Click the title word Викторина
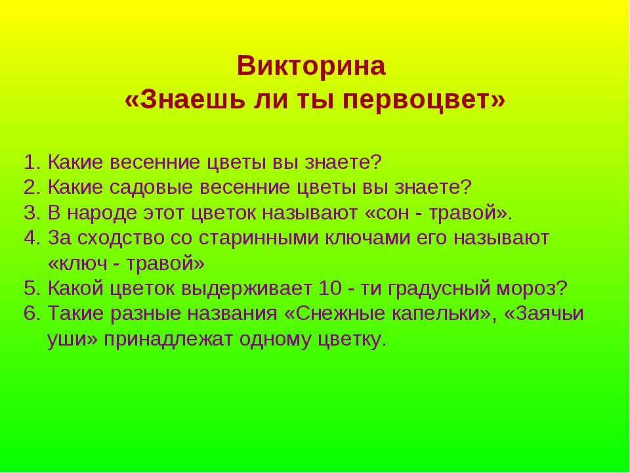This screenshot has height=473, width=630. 311,66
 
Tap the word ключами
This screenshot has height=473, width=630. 367,238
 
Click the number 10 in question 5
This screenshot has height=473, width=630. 330,288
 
